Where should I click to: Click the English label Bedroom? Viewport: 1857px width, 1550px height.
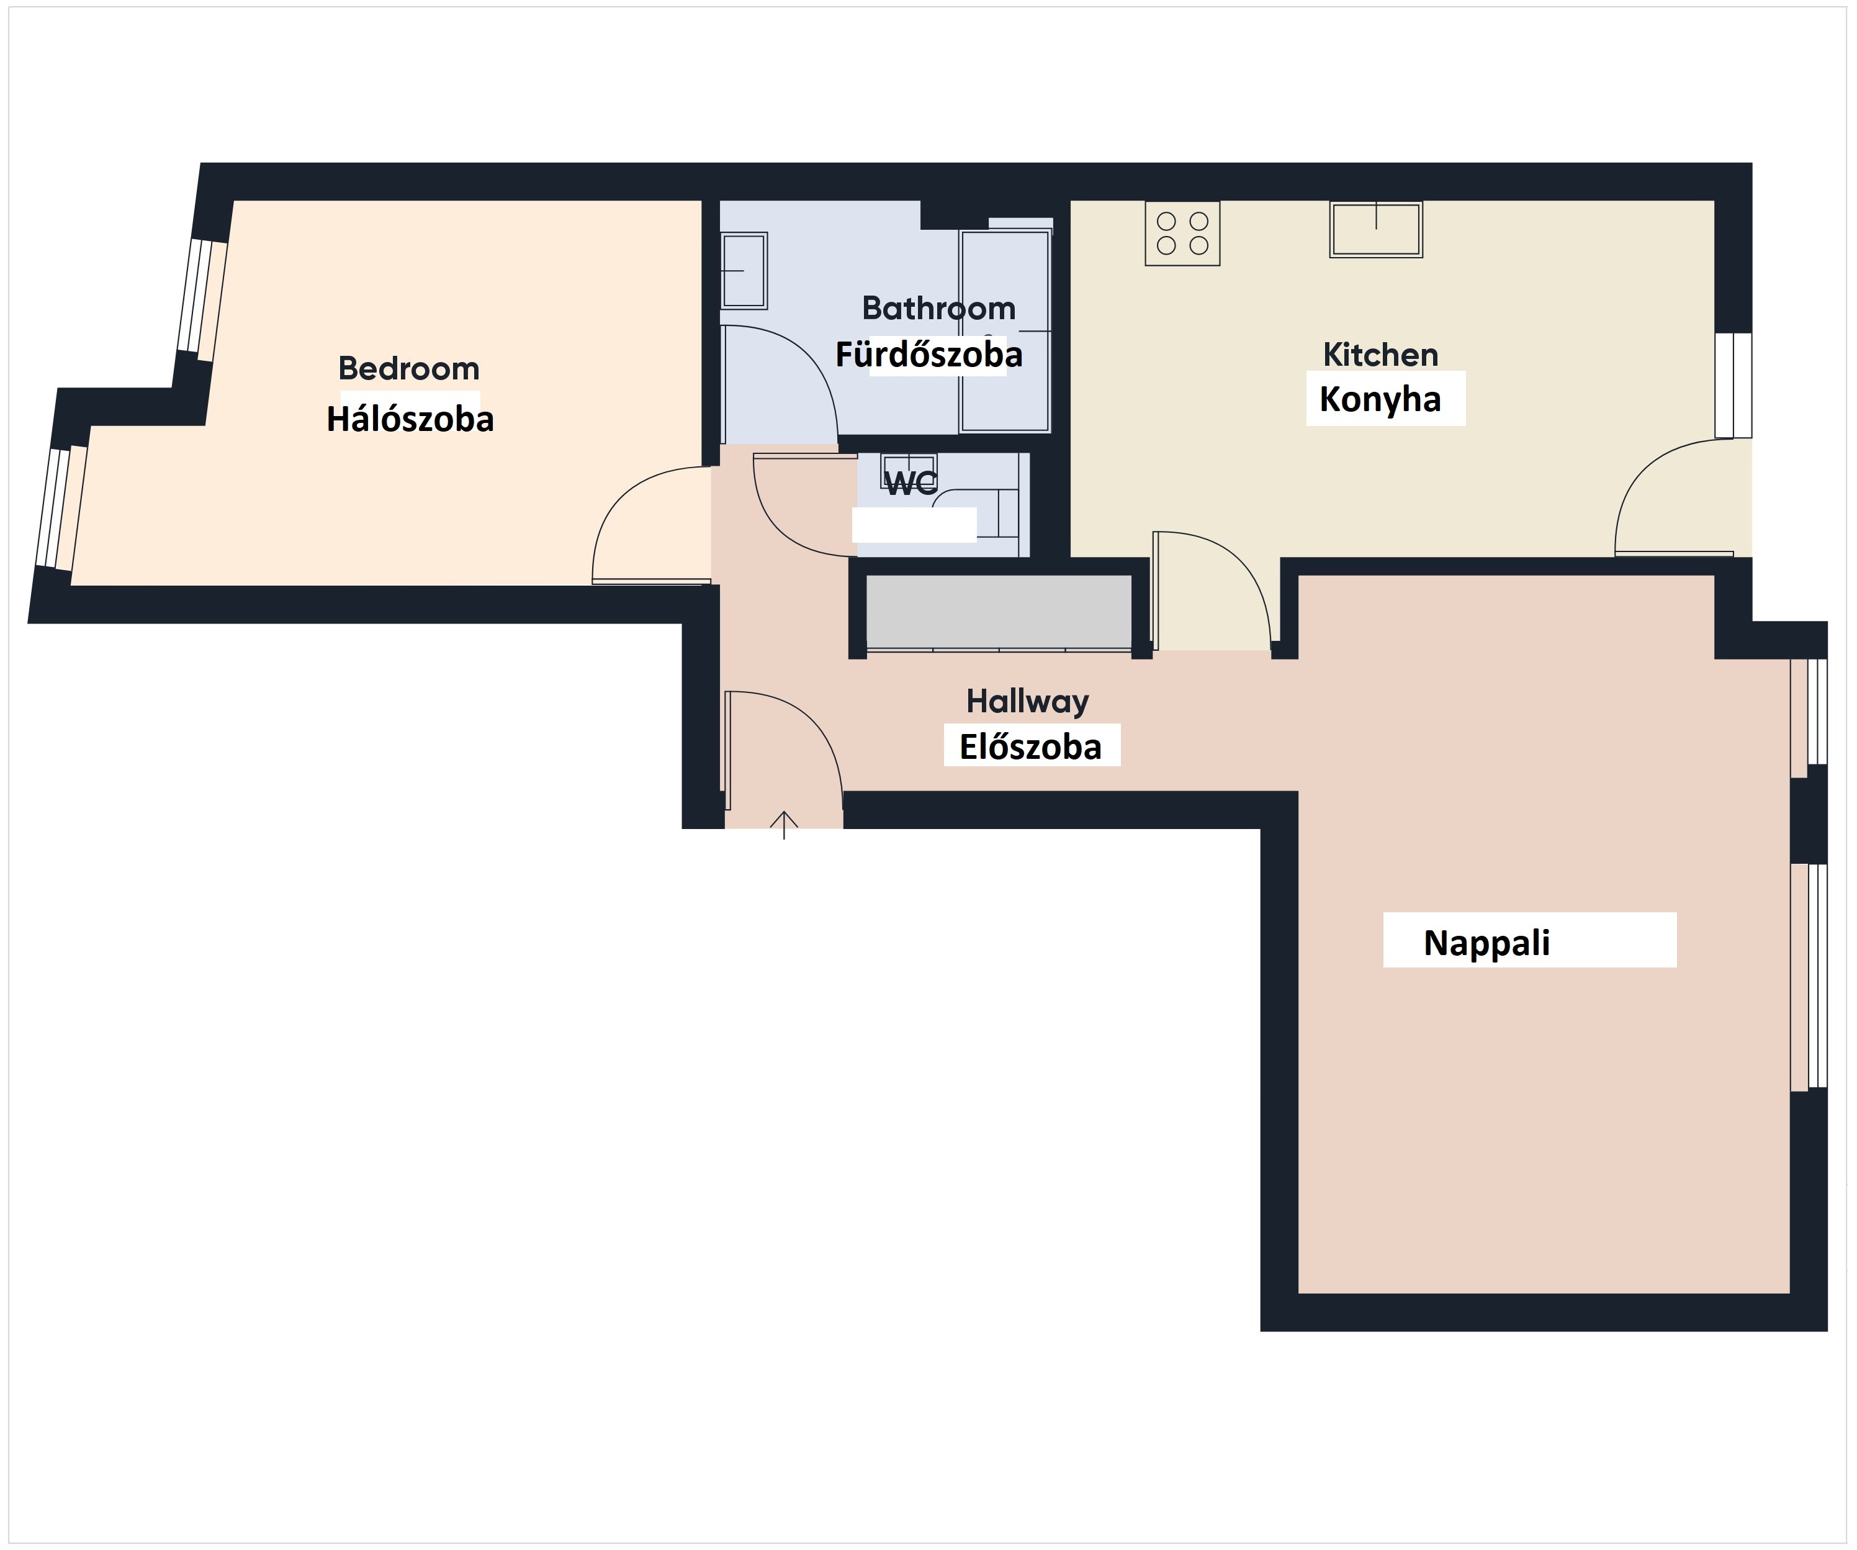pos(408,368)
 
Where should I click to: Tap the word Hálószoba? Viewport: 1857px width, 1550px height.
pos(410,419)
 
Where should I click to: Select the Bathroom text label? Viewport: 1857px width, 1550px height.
pos(939,308)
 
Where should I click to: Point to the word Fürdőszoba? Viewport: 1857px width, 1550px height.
pos(929,355)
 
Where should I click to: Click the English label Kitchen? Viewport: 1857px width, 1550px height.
pos(1380,354)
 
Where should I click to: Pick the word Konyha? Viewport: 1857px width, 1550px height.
pos(1380,400)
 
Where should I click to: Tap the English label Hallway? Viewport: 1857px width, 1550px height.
pos(1028,702)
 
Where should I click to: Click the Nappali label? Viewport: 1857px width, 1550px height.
pos(1486,943)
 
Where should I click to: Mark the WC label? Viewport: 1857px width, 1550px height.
pos(911,483)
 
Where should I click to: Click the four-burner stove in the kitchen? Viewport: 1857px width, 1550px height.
pos(1182,233)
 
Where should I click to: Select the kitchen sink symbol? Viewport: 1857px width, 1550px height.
pos(1376,229)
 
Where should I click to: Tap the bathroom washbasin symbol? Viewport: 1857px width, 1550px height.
pos(744,270)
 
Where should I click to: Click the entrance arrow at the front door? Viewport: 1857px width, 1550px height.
pos(783,825)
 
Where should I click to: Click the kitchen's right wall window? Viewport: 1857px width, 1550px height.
pos(1733,385)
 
